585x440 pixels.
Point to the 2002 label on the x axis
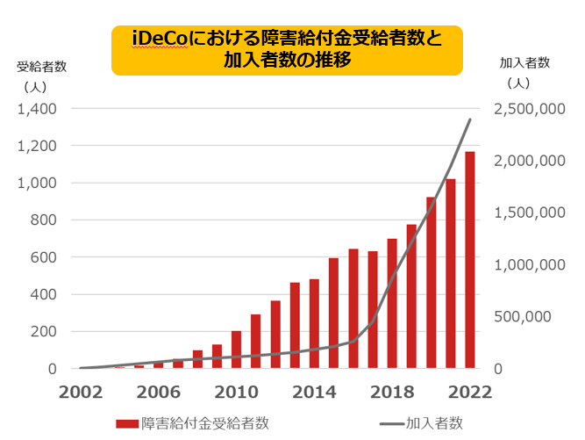pos(81,392)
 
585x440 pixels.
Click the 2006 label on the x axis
pos(159,392)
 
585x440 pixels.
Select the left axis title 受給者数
pos(41,67)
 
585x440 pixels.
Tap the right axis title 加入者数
pos(524,62)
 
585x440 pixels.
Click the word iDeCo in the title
pos(156,40)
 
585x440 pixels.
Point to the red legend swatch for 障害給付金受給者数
pos(126,424)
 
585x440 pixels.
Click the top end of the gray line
pos(470,119)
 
